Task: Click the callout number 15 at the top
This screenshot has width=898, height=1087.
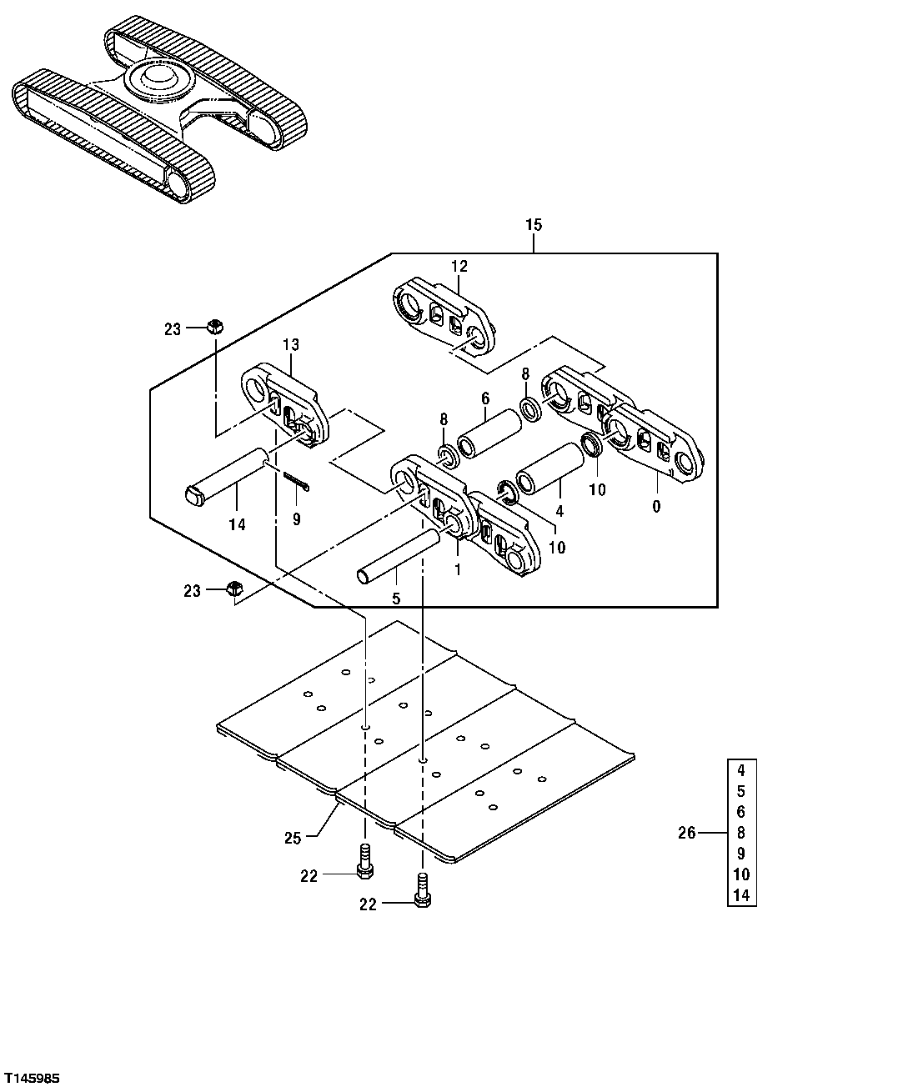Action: [534, 225]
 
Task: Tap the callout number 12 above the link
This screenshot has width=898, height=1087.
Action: [459, 267]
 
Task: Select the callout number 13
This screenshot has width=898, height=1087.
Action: [290, 344]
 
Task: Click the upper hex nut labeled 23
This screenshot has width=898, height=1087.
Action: [213, 327]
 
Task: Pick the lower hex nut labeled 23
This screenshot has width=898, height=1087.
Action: [234, 589]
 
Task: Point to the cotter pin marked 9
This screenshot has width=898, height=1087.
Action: [296, 481]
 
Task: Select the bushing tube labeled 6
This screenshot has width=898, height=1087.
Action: [492, 434]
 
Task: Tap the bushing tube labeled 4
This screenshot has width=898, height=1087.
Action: [553, 467]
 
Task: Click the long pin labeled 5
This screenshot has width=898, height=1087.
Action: [399, 554]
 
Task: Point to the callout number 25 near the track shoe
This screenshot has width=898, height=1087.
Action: [293, 839]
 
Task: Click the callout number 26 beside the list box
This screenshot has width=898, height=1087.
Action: [686, 832]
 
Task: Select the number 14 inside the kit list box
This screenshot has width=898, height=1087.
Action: [741, 895]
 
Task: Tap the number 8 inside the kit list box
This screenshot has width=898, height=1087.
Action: [741, 832]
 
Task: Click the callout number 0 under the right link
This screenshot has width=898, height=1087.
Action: [656, 506]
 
